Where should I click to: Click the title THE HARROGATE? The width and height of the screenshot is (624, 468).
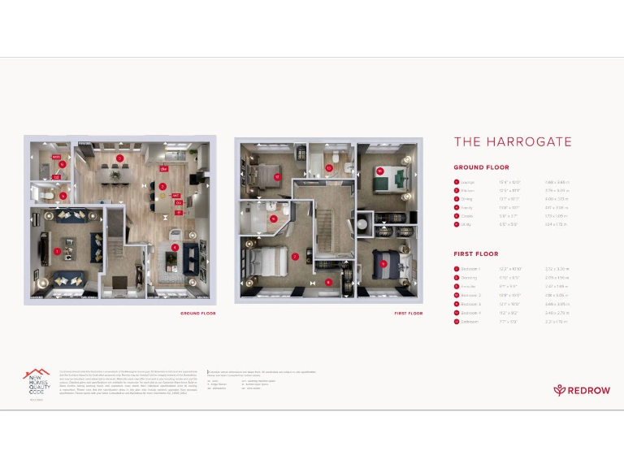(513, 141)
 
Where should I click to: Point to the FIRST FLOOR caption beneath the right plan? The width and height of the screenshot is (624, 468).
(409, 312)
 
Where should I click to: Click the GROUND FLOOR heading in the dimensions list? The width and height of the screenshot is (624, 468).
(481, 167)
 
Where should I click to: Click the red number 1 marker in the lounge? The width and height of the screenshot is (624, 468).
(57, 252)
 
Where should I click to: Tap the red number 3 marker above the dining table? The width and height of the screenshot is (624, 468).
(119, 158)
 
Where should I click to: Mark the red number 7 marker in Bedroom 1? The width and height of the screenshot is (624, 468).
(295, 257)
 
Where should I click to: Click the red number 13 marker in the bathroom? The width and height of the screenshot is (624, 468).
(329, 168)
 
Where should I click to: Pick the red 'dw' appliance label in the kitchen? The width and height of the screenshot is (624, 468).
(163, 169)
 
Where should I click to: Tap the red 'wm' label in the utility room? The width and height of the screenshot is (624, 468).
(57, 156)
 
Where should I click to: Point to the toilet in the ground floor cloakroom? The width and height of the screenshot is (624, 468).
(48, 196)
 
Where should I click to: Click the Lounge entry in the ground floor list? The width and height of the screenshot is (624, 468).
(468, 182)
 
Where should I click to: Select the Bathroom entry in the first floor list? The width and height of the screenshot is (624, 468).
(470, 322)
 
